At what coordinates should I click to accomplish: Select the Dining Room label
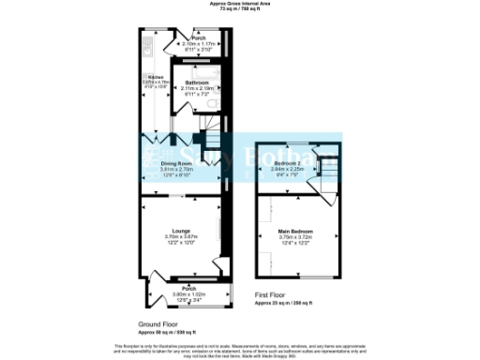click(x=165, y=162)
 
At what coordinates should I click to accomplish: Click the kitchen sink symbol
click(x=147, y=44)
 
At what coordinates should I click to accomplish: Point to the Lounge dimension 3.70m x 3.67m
click(x=176, y=236)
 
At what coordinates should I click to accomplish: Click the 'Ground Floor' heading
click(x=158, y=322)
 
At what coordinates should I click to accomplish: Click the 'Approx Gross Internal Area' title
click(x=240, y=4)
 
